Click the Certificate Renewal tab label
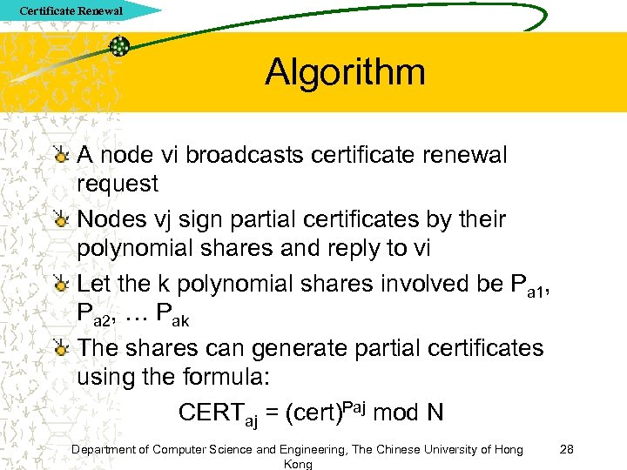click(71, 11)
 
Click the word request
click(118, 184)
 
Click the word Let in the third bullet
click(94, 284)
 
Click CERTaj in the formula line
click(219, 413)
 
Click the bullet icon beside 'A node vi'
click(61, 156)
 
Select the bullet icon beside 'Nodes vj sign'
click(61, 219)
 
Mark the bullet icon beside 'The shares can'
click(61, 348)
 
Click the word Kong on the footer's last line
click(298, 465)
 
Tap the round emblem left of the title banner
click(120, 46)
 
